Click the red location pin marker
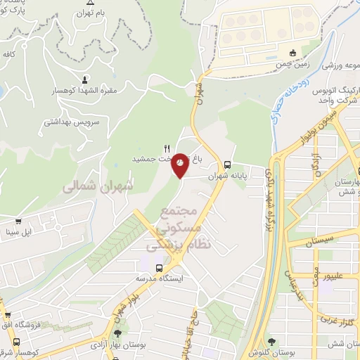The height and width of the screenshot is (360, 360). point(181,165)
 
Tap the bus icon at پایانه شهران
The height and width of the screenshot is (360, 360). point(226,165)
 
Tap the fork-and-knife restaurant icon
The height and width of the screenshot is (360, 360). point(167,148)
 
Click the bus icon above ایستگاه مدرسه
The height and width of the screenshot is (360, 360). point(160,268)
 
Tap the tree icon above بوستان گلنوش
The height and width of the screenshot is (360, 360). point(272,342)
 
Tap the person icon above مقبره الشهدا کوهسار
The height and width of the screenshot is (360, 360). point(86,79)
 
